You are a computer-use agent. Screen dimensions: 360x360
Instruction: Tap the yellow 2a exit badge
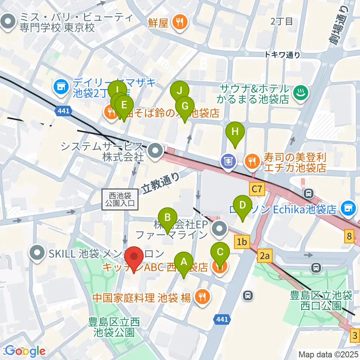(x=265, y=256)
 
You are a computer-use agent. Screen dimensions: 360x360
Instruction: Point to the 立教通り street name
(x=161, y=183)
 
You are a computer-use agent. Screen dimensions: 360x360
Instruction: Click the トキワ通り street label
(x=282, y=55)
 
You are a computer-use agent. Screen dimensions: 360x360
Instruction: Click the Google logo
(x=25, y=351)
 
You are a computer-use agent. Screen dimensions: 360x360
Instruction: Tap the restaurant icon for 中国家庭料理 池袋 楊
(x=202, y=297)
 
